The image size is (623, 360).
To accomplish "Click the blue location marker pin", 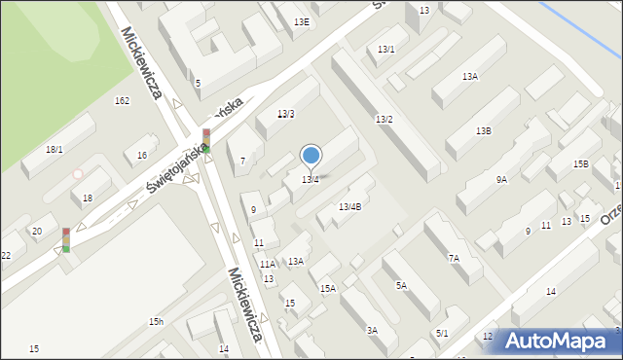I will coord(311,155).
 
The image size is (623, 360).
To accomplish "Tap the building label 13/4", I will coord(311,179).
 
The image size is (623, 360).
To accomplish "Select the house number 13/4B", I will coord(349,206).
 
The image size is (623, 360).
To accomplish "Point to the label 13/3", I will coord(285,114).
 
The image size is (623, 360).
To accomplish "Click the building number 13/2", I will coord(384,119).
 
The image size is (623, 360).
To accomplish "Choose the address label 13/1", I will coord(386,49).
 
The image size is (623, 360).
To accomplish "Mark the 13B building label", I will coord(483,130).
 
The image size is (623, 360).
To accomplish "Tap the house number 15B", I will coord(580,163).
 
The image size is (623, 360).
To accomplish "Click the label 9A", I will coord(501,179).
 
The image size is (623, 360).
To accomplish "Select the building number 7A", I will coord(454,258).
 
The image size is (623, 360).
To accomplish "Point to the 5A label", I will coord(401,285).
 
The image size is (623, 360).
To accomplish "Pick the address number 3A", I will coord(372,331).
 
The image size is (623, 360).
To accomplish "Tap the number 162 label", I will coord(122,100).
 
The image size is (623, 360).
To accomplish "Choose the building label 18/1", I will coord(55,149).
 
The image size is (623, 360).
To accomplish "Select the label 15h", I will coord(156,321).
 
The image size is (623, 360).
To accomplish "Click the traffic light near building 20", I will coord(66,239).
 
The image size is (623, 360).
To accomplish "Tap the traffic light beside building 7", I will coord(206,141).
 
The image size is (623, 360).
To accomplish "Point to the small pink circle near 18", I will coord(78,174).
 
